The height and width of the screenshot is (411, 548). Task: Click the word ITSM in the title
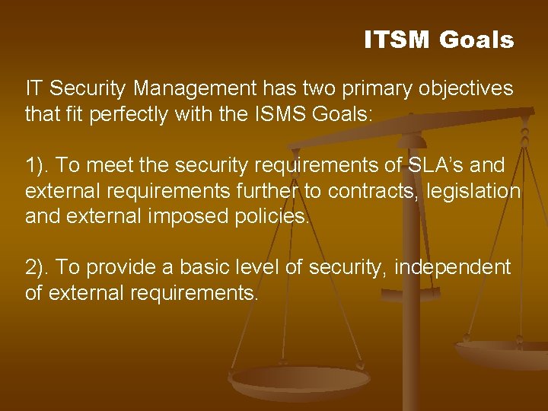point(397,40)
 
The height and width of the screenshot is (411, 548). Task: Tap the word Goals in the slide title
point(476,40)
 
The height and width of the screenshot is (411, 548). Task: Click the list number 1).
point(38,166)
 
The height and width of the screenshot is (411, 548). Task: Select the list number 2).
point(38,267)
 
